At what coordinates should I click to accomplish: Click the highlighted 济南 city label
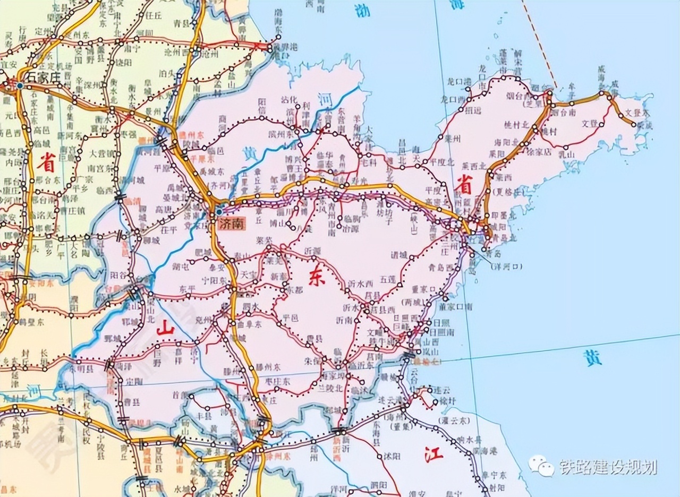pos(231,224)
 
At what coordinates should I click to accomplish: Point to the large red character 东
pos(317,279)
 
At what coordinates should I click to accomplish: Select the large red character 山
pos(165,329)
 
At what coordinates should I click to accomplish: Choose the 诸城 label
pos(402,255)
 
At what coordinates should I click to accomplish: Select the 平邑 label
pos(292,317)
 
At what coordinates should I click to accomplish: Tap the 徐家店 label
pos(538,151)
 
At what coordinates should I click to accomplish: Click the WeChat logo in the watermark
pos(541,467)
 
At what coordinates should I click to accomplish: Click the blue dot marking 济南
pos(219,212)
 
